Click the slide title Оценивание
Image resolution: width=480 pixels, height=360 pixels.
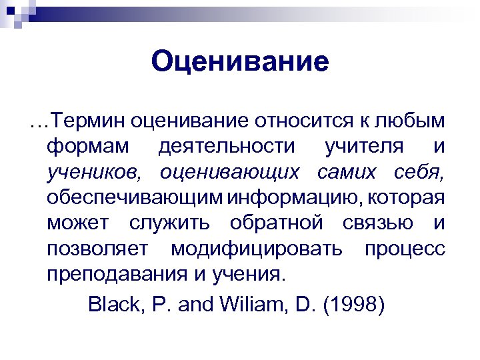pos(240,62)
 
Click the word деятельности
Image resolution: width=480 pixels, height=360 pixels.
pos(226,146)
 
